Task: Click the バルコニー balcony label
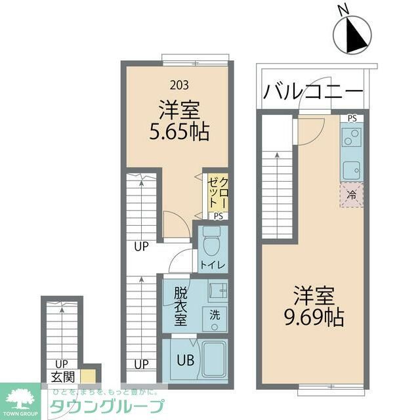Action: click(x=313, y=91)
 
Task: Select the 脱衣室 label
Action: click(x=180, y=305)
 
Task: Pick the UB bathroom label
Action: click(x=184, y=360)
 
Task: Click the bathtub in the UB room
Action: click(x=214, y=361)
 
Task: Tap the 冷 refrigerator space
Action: click(x=351, y=194)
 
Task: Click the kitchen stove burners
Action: click(x=351, y=138)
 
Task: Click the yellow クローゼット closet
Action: click(x=217, y=191)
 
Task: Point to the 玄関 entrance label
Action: click(x=64, y=377)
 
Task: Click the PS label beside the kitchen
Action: click(x=352, y=119)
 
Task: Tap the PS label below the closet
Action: click(x=218, y=216)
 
